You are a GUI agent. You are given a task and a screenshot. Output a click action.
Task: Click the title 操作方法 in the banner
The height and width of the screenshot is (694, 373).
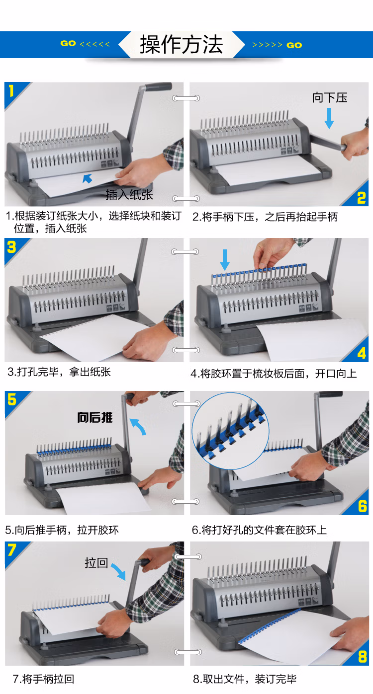[x=182, y=45]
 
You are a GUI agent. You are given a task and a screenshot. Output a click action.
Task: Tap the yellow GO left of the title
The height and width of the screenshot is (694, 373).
[x=68, y=43]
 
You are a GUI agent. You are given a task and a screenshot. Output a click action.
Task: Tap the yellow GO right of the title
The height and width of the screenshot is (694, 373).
[x=294, y=45]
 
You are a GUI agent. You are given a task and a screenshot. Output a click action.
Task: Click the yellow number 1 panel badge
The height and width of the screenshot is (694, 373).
[x=11, y=91]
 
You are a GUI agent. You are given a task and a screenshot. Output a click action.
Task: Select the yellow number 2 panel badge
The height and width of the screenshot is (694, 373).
[x=361, y=197]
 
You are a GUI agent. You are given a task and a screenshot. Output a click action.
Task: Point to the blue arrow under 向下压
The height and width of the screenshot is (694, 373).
[x=329, y=118]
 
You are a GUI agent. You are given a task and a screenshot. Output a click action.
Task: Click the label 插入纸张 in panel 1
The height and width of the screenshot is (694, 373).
[x=129, y=195]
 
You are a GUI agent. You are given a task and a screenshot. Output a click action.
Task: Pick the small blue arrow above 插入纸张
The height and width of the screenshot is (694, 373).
[x=88, y=178]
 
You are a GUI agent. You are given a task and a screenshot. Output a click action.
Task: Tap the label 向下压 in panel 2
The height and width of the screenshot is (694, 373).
[x=330, y=97]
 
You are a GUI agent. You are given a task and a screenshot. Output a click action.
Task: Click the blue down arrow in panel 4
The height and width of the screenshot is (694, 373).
[x=225, y=260]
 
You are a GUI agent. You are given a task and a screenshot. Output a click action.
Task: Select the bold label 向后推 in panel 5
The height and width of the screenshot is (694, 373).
[x=95, y=417]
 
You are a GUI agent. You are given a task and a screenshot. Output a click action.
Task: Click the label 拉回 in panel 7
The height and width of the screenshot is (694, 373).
[x=96, y=563]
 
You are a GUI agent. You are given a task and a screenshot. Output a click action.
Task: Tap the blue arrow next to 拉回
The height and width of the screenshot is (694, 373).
[x=119, y=572]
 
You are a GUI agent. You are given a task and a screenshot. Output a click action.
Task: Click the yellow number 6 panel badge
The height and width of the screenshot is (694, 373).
[x=362, y=506]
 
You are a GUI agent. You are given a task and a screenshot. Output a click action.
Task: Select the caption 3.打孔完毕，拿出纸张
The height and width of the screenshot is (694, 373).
[x=59, y=372]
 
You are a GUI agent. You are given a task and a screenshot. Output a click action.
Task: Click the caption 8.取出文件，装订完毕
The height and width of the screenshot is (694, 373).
[x=245, y=679]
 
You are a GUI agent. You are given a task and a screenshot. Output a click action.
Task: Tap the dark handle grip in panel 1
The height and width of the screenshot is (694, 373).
[x=158, y=86]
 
